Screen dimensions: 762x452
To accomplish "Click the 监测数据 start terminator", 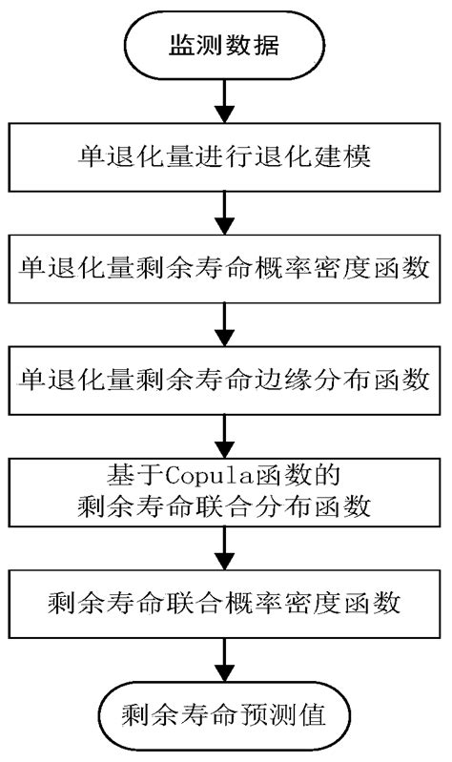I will click(x=225, y=46).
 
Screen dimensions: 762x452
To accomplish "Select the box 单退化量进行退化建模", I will click(x=225, y=157).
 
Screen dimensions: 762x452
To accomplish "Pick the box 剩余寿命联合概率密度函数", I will click(x=225, y=602).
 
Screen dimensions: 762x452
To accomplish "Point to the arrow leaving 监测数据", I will click(x=225, y=100).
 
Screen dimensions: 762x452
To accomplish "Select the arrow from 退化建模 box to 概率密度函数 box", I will click(x=225, y=212).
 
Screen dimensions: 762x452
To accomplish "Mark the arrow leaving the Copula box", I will click(x=225, y=546).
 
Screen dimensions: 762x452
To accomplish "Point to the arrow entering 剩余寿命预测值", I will click(x=225, y=658).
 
